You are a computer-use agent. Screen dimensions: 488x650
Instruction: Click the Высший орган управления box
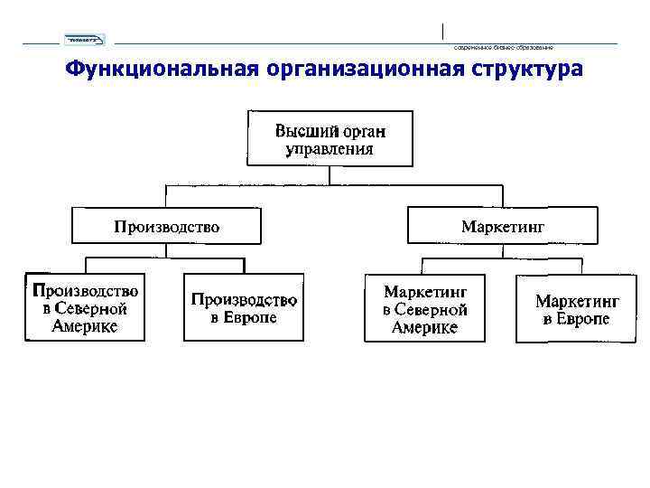(x=330, y=138)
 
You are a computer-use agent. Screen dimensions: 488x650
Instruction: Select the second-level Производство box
(x=167, y=225)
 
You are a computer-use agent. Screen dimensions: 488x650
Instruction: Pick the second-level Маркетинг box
(x=502, y=225)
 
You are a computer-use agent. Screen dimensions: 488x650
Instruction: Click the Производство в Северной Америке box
(x=85, y=308)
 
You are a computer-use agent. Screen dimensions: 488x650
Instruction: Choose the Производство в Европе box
(x=244, y=308)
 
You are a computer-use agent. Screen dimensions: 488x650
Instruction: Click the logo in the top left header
(x=84, y=40)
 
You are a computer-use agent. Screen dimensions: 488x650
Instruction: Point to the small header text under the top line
(x=503, y=47)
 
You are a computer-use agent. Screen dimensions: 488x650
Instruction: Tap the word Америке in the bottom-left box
(x=85, y=326)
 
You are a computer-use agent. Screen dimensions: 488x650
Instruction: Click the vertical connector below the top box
(x=330, y=175)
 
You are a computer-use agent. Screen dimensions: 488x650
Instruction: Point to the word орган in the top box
(x=363, y=130)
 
